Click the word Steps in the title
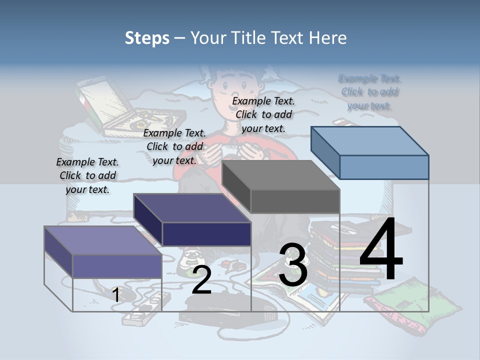click(x=147, y=38)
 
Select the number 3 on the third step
click(x=293, y=264)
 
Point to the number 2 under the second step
click(x=201, y=279)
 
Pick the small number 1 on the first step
click(x=115, y=295)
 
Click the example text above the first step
click(x=87, y=175)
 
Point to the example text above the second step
click(x=174, y=146)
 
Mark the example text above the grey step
click(x=263, y=114)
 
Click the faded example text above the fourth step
click(x=370, y=92)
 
